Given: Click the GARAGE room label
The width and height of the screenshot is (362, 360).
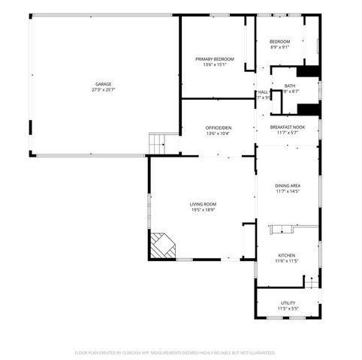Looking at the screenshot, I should coord(103,83).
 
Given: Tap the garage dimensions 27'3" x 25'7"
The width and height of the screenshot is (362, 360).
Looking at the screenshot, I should coord(103,89).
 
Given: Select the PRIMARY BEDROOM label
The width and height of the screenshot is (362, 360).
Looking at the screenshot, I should coord(215,58).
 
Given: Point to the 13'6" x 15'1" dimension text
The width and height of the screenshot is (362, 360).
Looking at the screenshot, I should coord(215,64).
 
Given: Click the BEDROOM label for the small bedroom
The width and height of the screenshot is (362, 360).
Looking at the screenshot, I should coord(279,41).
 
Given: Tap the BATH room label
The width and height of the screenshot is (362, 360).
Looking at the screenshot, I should coord(289,85).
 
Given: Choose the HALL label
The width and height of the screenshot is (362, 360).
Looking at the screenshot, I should coord(264,91).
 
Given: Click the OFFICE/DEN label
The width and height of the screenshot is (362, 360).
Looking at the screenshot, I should coord(219,128).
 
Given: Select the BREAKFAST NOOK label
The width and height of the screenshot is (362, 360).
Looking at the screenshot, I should coord(288,127).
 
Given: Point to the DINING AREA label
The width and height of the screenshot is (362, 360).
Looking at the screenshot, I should coord(288,185).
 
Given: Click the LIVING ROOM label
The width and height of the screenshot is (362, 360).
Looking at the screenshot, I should coord(203,204).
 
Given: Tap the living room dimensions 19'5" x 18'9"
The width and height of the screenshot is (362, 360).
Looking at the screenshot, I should coord(203,210).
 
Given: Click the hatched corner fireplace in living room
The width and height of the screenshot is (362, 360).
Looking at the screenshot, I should coord(161,245).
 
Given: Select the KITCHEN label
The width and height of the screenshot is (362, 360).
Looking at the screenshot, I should coord(288,255).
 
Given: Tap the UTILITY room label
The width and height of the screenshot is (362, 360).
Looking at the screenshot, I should coord(288,302).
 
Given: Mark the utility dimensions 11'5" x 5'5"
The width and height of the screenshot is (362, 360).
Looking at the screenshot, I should coord(288,308).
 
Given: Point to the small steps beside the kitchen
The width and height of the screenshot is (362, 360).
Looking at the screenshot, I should coord(308,282).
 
